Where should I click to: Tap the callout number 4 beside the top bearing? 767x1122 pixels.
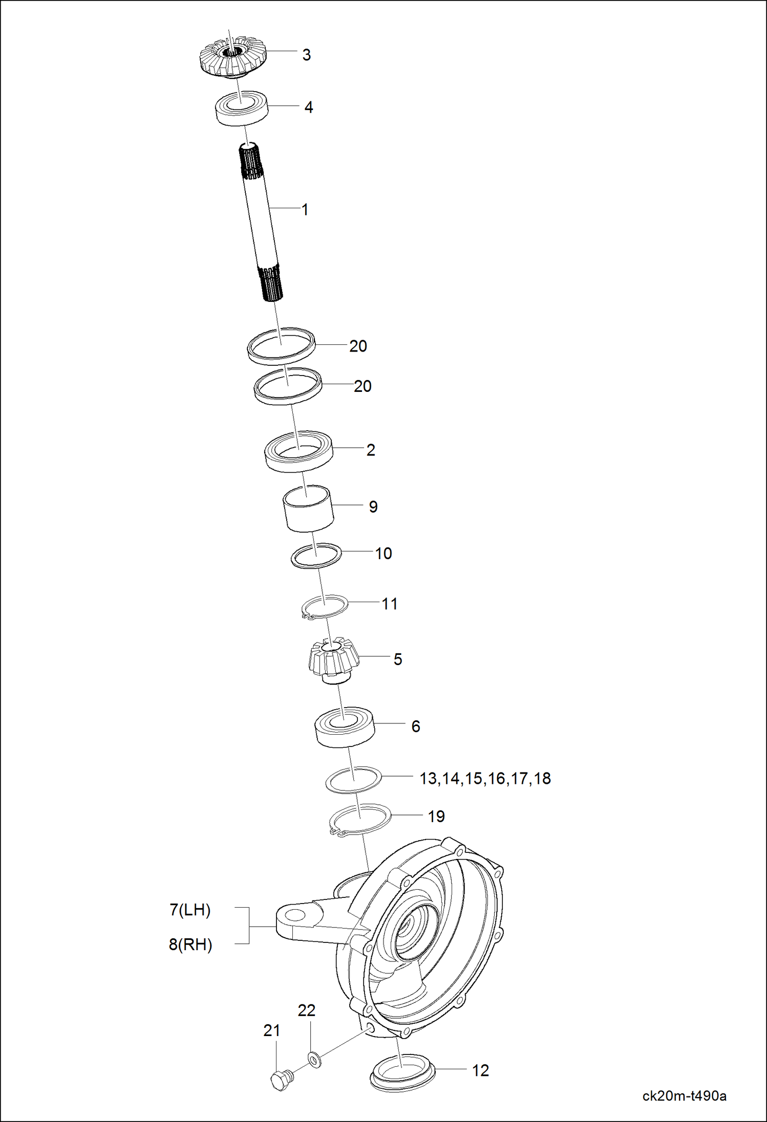coord(308,107)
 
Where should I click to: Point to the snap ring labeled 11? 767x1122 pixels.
coord(324,606)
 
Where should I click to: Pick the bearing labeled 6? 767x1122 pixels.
coord(345,728)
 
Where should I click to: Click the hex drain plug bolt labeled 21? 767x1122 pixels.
coord(279,1080)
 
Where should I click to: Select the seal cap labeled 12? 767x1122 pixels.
coord(401,1073)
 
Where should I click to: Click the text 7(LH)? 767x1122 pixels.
coord(190,910)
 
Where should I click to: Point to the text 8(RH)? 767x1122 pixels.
coord(190,944)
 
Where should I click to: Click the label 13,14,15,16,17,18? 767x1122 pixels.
coord(485,779)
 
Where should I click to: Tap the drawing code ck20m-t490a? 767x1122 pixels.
coord(684,1096)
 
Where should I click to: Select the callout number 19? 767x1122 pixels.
coord(436,817)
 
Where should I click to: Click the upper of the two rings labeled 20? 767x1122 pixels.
coord(281,346)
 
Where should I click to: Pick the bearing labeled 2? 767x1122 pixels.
coord(299,451)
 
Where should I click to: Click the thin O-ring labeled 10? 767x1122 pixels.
coord(316,555)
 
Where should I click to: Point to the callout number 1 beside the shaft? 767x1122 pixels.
coord(305,210)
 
